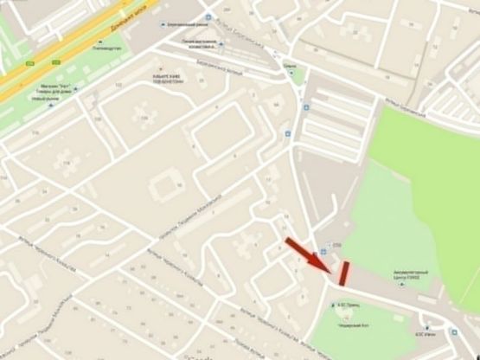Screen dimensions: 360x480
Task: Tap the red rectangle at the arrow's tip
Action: click(344, 273)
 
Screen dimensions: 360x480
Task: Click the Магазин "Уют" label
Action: click(58, 87)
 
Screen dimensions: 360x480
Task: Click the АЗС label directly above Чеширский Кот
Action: click(349, 305)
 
